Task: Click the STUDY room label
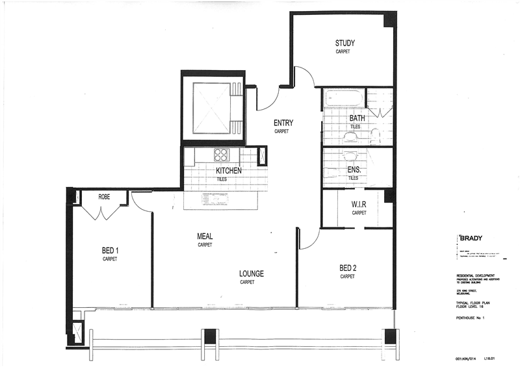[x=344, y=44]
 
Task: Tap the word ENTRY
[x=283, y=123]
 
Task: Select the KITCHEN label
[x=229, y=171]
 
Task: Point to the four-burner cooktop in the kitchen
[x=221, y=155]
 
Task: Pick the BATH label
[x=357, y=118]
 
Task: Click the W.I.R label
[x=359, y=203]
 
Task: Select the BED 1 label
[x=109, y=251]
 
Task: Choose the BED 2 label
[x=348, y=268]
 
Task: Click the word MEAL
[x=205, y=236]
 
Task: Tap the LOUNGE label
[x=251, y=273]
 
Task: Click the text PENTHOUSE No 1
[x=467, y=318]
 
